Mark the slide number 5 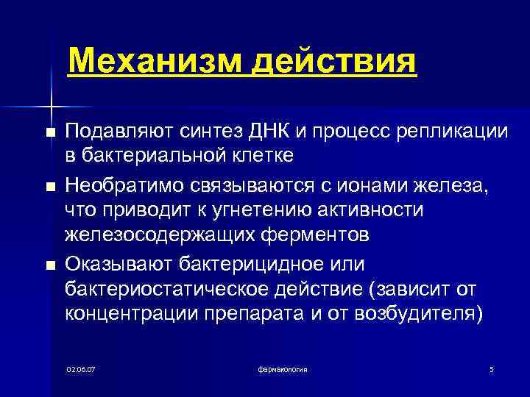click(x=491, y=368)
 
